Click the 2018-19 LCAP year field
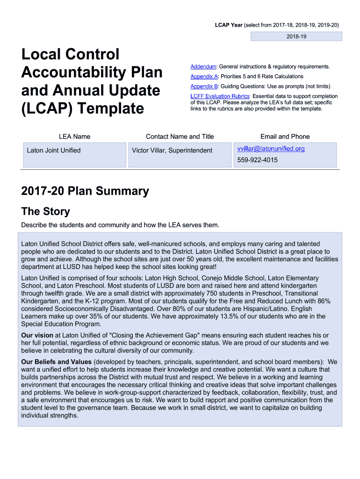296,36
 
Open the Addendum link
203,67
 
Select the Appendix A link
204,76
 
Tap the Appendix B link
204,86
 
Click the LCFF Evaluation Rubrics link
220,96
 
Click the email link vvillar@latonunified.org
271,149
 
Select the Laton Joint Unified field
54,150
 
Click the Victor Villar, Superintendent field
172,150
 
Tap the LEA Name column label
74,137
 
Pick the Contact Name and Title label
180,137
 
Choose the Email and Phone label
285,137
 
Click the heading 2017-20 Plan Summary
85,191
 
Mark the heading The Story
45,211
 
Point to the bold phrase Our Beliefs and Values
57,362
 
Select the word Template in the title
111,109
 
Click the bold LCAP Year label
228,25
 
